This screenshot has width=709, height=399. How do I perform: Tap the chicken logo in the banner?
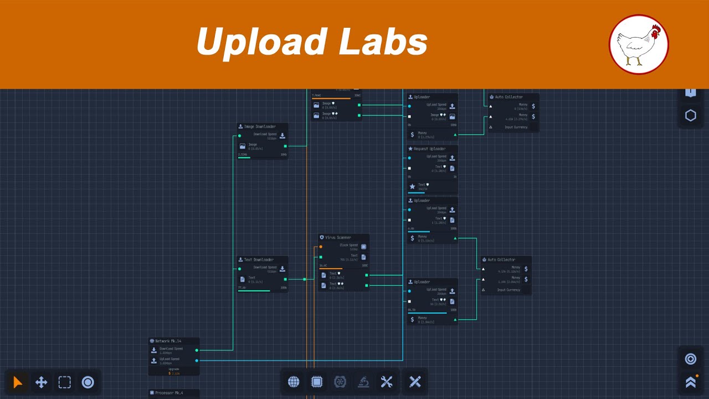coord(639,44)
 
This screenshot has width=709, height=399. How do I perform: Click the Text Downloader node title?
coord(259,260)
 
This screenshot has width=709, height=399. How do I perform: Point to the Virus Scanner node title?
coord(338,238)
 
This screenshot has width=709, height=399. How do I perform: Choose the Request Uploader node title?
coord(429,149)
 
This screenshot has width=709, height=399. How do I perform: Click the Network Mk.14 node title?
coord(168,341)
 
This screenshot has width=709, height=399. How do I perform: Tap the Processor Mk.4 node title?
coord(169,393)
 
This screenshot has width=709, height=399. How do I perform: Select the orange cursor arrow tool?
coord(18,382)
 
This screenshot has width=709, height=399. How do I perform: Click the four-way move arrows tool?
coord(41,382)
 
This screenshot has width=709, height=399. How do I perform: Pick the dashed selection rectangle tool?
coord(65,382)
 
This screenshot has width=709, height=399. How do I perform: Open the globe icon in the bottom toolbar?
coord(294,382)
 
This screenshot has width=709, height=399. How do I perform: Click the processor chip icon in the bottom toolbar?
coord(317,382)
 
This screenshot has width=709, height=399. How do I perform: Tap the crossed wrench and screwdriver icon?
coord(387,382)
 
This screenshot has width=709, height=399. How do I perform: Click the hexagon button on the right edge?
coord(691,115)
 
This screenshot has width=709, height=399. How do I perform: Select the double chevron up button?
coord(691,382)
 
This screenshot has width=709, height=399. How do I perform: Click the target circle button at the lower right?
coord(691,359)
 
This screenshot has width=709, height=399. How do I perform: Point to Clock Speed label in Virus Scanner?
coord(348,245)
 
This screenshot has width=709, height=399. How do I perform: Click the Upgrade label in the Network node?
coord(173,369)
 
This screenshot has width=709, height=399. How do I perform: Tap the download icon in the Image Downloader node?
coord(282,136)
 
